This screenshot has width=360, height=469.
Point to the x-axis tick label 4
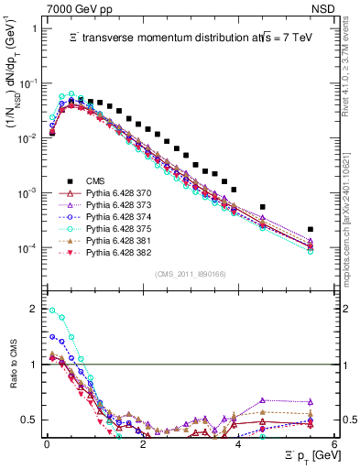(x=238, y=444)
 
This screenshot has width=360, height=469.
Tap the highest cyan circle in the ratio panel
(x=51, y=310)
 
